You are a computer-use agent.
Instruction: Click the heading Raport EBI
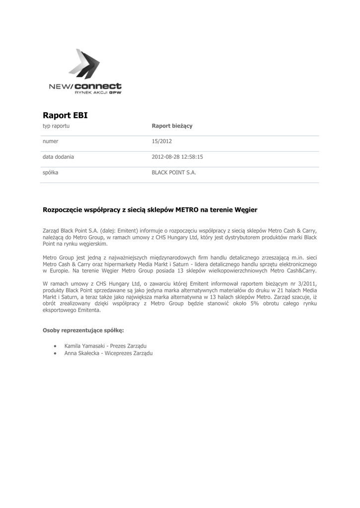coord(65,116)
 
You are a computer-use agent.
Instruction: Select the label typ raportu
coord(56,127)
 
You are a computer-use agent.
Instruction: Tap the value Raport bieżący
coord(172,127)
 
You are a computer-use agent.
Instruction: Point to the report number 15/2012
coord(161,142)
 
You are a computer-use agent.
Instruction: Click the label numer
coord(51,142)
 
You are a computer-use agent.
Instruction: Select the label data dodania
coord(58,157)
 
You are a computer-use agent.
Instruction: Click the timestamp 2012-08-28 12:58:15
coord(177,157)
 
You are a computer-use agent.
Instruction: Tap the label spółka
coord(51,173)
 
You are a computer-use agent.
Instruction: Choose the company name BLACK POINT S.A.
coord(173,173)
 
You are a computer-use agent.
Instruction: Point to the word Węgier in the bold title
coord(245,210)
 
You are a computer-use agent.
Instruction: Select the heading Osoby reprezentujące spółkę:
coord(83,330)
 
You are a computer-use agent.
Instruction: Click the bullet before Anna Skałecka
coord(54,354)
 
